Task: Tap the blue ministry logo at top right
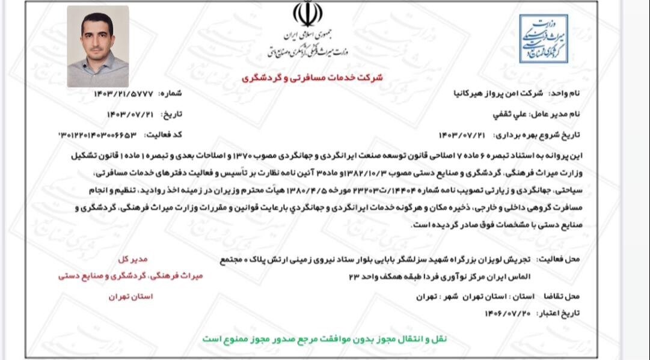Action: point(544,38)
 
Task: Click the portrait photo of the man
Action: point(97,46)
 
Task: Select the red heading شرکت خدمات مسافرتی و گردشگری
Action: point(312,78)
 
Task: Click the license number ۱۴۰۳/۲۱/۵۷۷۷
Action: point(123,94)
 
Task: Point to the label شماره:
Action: point(170,94)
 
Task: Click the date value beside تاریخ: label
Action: point(130,114)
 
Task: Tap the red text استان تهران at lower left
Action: point(131,297)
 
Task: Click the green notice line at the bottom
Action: point(325,338)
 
